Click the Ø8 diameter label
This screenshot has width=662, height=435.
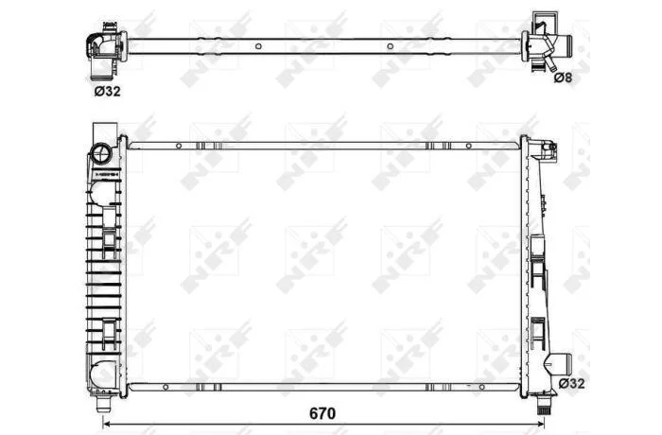point(563,78)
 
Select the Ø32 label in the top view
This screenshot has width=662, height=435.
point(107,91)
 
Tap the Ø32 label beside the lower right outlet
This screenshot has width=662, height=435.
point(571,384)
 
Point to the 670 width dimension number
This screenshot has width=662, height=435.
point(322,413)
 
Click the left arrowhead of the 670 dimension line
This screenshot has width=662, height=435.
point(106,424)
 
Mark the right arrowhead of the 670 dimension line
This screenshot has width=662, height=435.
point(541,424)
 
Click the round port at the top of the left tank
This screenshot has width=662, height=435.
point(101,153)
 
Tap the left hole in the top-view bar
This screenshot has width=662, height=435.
point(258,46)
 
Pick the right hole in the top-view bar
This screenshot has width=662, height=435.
point(390,46)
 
